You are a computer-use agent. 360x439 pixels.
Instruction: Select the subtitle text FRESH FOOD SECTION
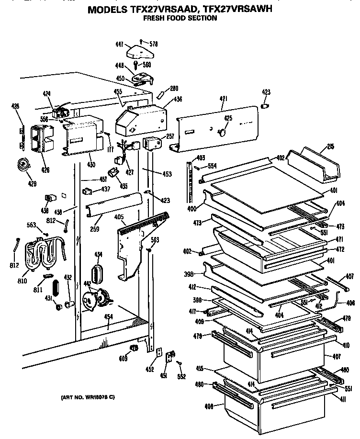click(x=180, y=18)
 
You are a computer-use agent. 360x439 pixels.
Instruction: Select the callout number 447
click(x=120, y=45)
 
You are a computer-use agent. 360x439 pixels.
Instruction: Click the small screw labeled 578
click(x=140, y=42)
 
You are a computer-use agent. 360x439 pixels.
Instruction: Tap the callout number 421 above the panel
click(x=223, y=99)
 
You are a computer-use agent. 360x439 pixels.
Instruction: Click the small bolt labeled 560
click(x=138, y=64)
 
